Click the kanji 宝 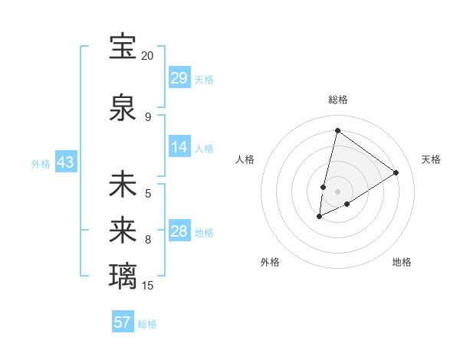(123, 47)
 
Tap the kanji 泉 (123, 109)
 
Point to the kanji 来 (123, 229)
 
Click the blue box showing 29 (179, 78)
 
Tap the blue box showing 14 (179, 147)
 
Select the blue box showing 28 (179, 232)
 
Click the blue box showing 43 (64, 163)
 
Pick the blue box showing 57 (122, 322)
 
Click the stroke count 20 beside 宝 (147, 56)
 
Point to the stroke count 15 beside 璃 (147, 285)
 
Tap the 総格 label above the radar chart (337, 100)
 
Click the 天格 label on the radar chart (431, 159)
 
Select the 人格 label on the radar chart (245, 159)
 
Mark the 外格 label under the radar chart (270, 262)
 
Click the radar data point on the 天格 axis (396, 172)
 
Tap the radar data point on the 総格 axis (337, 130)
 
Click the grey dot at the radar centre (337, 191)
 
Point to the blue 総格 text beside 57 (147, 324)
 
